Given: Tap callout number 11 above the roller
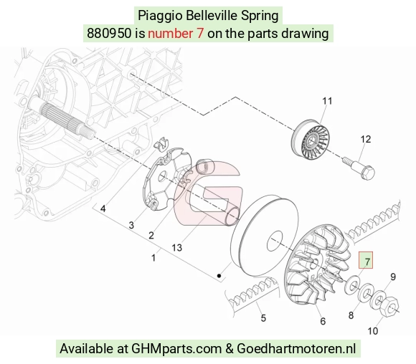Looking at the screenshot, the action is coord(327,101).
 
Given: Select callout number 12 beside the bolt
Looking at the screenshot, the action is coord(365,139).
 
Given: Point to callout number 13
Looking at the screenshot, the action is coord(176,248).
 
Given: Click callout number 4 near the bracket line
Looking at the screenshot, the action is coord(103,209).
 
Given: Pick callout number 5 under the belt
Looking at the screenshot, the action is coord(263,318).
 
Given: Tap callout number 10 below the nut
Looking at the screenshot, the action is coord(372,331).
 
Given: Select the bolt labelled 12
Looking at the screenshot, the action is coord(359,168).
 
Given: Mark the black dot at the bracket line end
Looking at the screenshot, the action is coord(219,276).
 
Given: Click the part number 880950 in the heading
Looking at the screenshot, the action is coord(109,34).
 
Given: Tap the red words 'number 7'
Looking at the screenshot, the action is coord(176,34).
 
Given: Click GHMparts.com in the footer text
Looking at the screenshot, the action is coord(176,349).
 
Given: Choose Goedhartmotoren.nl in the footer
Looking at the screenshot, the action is coord(296,348).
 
